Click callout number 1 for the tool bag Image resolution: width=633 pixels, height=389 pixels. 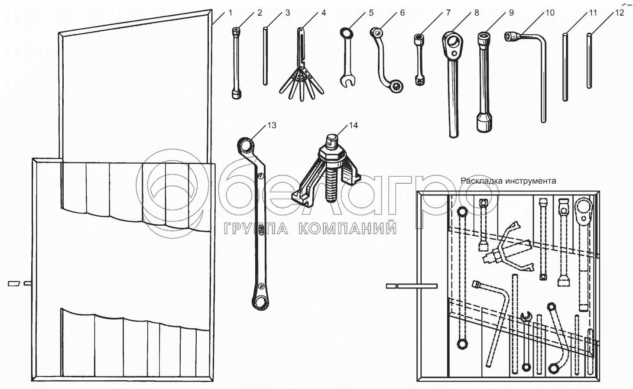tap(230, 13)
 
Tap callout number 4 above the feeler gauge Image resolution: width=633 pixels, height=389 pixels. tap(323, 13)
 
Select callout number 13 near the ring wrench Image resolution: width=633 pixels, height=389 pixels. tap(272, 126)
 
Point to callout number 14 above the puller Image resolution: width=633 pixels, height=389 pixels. tap(354, 126)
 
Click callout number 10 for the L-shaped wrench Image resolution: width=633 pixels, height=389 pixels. tap(549, 13)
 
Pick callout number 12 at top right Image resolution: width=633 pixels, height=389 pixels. tap(620, 13)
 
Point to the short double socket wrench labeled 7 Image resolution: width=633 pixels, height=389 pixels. tap(419, 58)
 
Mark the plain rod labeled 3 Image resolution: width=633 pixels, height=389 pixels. tap(265, 56)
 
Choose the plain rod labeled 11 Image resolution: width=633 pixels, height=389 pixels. tap(565, 67)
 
